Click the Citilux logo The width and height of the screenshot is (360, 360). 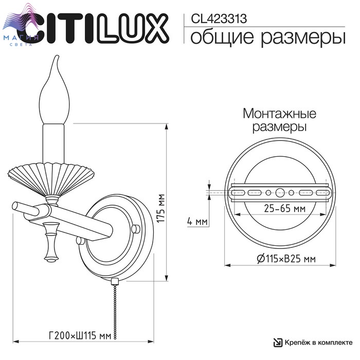click(97, 28)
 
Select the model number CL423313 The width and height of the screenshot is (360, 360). click(219, 19)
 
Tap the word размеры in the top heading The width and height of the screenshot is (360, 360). click(303, 38)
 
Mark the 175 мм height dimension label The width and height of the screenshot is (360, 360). click(160, 208)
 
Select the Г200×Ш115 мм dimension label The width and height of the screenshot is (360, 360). click(80, 335)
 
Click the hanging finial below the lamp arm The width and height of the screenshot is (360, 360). click(51, 242)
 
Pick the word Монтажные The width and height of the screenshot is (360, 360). click(279, 114)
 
